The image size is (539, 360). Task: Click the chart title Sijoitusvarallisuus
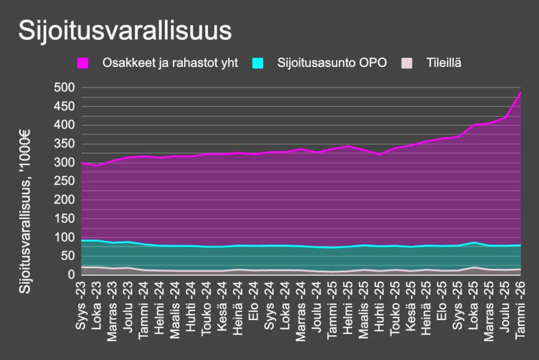pos(125,31)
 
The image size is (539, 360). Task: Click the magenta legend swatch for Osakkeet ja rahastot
pos(83,63)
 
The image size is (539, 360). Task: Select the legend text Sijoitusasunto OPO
pos(332,63)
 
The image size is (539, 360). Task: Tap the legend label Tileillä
pos(444,63)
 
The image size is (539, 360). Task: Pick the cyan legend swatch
pos(257,63)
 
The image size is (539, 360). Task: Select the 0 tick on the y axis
pos(71,275)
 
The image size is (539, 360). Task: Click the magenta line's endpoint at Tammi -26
pos(521,93)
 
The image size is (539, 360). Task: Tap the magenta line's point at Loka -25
pos(474,125)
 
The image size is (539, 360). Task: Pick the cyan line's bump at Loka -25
pos(474,243)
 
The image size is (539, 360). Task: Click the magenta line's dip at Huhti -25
pos(380,154)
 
